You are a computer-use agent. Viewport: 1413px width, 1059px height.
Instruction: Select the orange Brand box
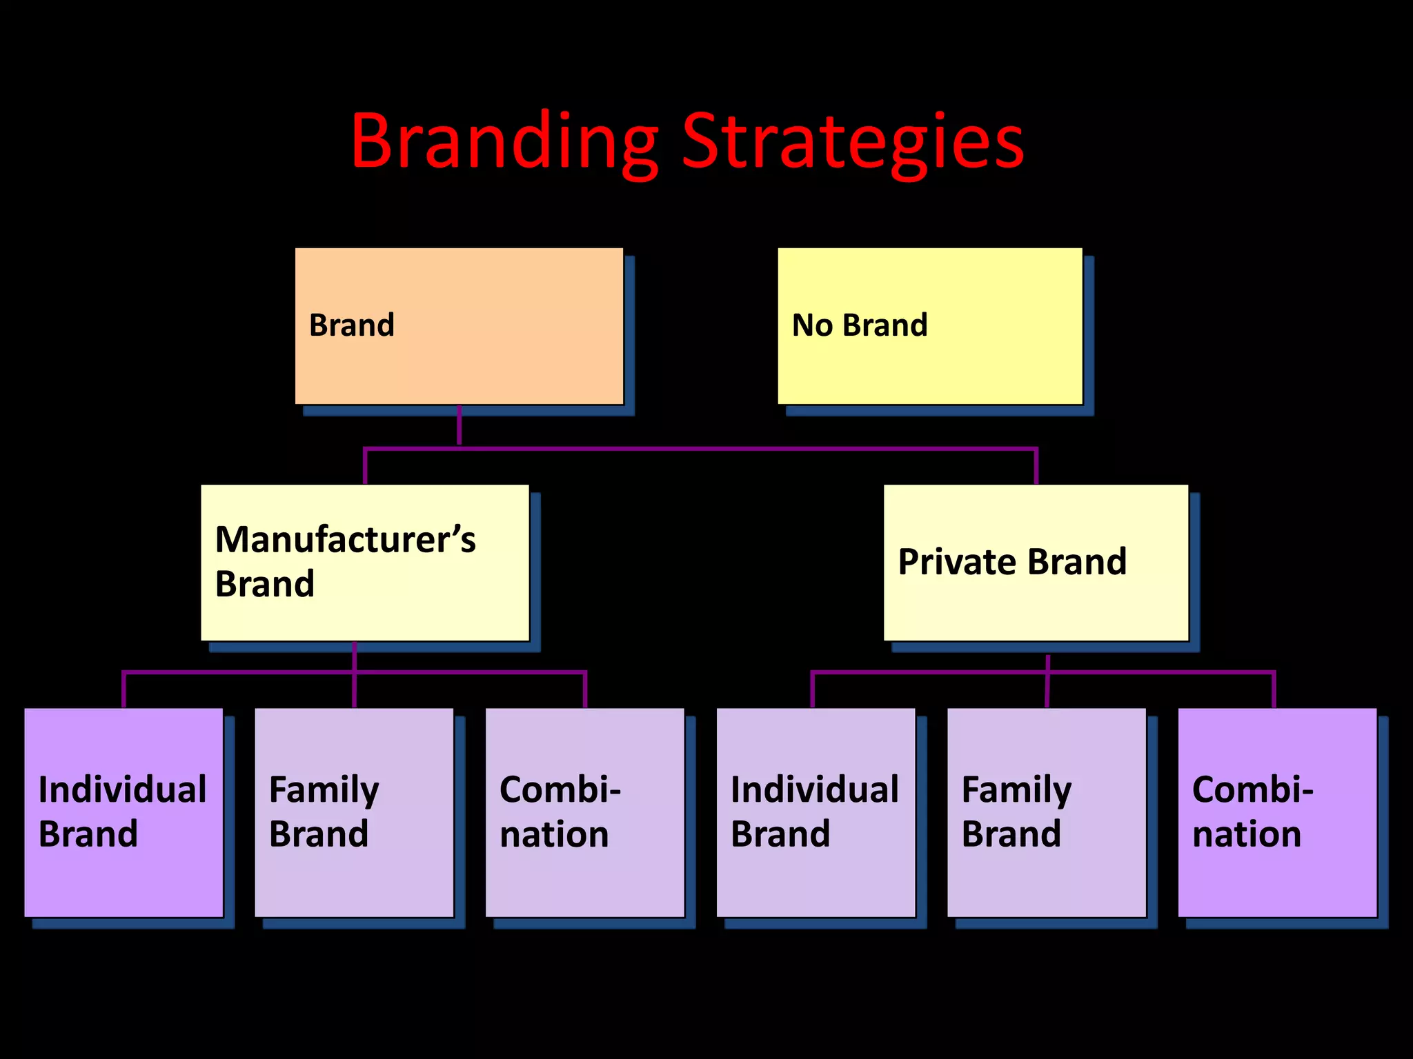click(459, 325)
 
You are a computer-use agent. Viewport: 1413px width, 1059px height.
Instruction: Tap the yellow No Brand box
click(929, 325)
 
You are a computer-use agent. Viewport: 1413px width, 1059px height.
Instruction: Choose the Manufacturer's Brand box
click(364, 562)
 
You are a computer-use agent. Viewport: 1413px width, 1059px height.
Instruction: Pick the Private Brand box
click(1036, 562)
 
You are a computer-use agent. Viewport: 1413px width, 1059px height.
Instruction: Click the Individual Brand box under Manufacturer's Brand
click(123, 812)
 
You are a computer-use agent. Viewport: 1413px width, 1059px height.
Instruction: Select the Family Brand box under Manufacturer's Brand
click(354, 812)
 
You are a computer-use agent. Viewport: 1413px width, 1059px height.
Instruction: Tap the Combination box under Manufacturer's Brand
click(584, 812)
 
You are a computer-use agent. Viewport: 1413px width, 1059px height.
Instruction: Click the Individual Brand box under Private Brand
click(816, 812)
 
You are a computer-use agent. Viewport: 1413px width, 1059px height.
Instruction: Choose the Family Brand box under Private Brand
click(1046, 812)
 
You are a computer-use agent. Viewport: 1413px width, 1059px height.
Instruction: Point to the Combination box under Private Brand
click(1277, 812)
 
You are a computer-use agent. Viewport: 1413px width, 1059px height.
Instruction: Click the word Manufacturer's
click(345, 539)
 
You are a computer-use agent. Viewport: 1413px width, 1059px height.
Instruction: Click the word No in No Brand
click(812, 325)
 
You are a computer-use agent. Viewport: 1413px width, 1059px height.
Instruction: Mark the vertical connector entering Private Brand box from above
click(1036, 467)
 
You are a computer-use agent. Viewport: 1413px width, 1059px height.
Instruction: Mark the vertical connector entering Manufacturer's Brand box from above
click(365, 467)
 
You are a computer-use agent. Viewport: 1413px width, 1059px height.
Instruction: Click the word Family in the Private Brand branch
click(1016, 790)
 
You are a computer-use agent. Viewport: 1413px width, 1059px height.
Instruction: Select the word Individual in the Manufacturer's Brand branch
click(122, 789)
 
